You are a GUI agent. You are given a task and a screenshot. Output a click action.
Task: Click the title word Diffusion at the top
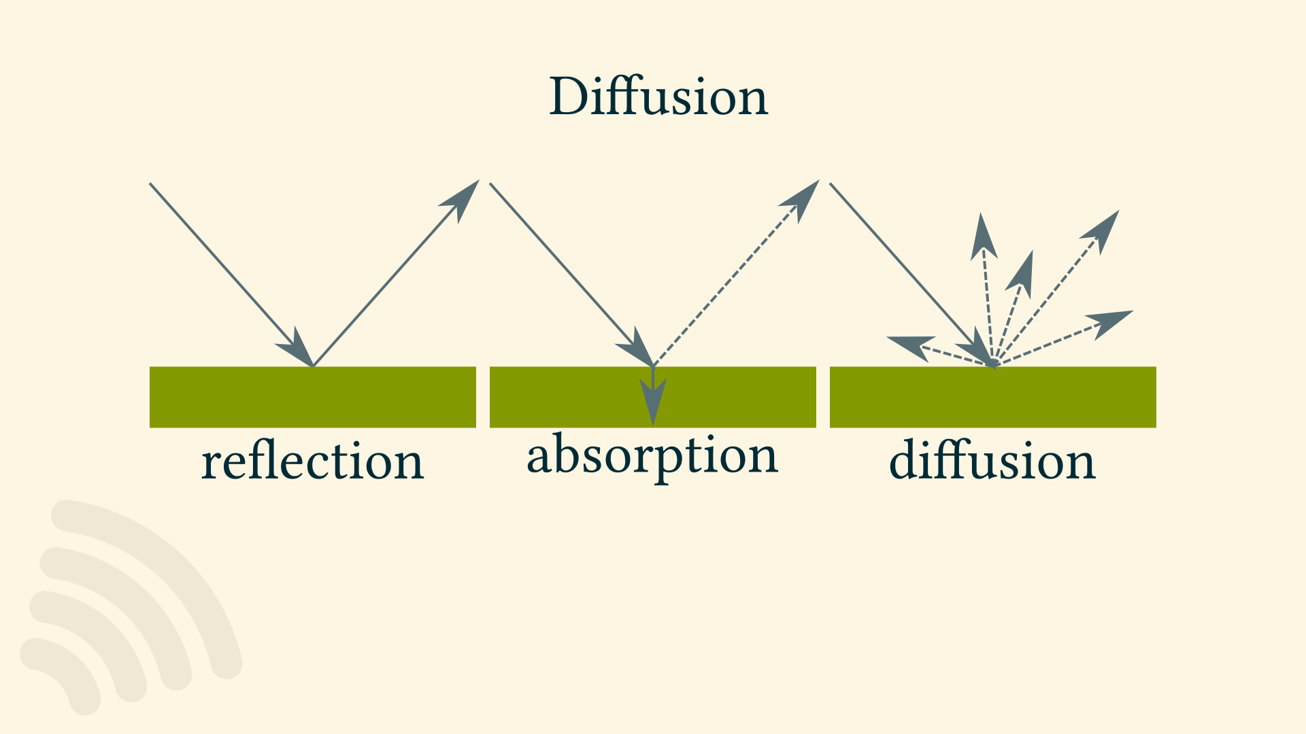(x=658, y=97)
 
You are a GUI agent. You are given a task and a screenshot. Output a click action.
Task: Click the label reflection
(x=312, y=461)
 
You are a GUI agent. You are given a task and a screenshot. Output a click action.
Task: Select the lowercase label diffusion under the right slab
(x=992, y=461)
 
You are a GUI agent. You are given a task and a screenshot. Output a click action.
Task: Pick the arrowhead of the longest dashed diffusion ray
(x=1102, y=231)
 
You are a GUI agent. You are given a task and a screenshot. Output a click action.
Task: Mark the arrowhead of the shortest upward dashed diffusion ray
(x=1022, y=273)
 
